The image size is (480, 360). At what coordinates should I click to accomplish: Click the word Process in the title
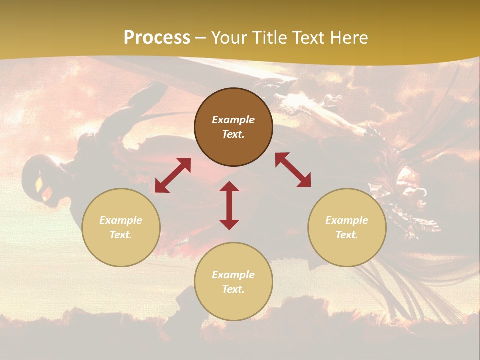point(157,38)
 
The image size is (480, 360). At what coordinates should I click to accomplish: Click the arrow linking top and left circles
point(173,175)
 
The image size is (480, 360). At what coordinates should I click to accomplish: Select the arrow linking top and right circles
point(293,170)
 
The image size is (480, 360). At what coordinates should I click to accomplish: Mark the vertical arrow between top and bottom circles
point(229,205)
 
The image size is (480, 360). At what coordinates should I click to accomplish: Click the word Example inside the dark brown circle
point(233,120)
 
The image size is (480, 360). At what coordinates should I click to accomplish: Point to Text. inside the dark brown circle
point(233,134)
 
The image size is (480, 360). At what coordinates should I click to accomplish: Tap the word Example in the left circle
point(121,220)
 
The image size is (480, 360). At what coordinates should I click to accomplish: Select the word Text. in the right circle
point(347,235)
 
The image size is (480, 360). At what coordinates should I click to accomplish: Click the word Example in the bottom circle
point(233,275)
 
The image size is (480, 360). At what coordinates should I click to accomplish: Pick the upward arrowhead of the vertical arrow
point(229,187)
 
